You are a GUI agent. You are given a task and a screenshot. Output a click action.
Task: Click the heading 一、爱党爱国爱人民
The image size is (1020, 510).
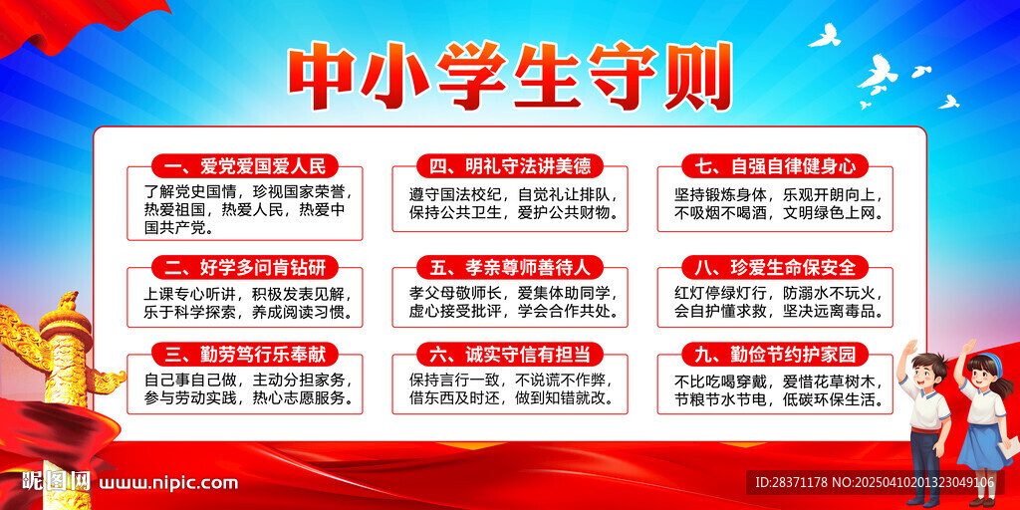tap(244, 167)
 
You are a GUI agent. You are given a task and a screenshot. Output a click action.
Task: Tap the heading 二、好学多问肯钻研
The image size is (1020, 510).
tap(244, 267)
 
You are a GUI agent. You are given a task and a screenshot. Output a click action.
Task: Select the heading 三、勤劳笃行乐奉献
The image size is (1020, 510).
tap(244, 355)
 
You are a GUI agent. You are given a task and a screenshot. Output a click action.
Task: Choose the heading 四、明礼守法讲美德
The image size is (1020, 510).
tap(510, 167)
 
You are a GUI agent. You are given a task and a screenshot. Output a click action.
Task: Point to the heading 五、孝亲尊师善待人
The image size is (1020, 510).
tap(510, 267)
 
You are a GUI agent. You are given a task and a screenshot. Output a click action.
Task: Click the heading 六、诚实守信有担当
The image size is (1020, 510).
tap(510, 355)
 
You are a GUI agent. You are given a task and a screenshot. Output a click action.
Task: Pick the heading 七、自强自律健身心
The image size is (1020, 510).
tap(775, 167)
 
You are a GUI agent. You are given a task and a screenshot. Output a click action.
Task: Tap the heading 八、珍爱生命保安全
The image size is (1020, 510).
tap(775, 267)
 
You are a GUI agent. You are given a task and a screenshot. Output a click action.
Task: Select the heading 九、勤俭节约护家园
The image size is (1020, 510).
tap(775, 355)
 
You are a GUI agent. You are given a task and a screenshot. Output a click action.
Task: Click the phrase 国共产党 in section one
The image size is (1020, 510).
tap(173, 229)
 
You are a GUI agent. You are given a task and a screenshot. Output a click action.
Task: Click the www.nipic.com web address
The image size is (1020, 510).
tap(167, 483)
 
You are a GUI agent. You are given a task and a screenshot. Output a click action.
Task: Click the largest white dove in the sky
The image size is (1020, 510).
tap(879, 72)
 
